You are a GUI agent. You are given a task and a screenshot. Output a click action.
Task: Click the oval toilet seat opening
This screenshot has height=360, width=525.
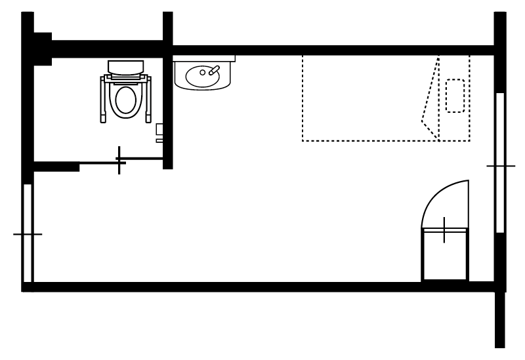[126, 101]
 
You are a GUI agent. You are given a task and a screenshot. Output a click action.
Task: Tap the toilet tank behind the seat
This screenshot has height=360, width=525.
[126, 67]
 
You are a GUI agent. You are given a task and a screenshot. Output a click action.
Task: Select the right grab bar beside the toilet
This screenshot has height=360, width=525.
[149, 99]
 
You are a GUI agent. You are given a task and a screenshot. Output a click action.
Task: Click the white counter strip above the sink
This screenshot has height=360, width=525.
[203, 58]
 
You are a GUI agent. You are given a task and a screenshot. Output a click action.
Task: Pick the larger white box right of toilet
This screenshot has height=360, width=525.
[159, 129]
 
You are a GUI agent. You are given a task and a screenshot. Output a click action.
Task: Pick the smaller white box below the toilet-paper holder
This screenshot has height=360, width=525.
[159, 139]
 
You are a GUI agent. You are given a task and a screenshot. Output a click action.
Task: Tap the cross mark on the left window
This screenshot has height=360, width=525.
[26, 234]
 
